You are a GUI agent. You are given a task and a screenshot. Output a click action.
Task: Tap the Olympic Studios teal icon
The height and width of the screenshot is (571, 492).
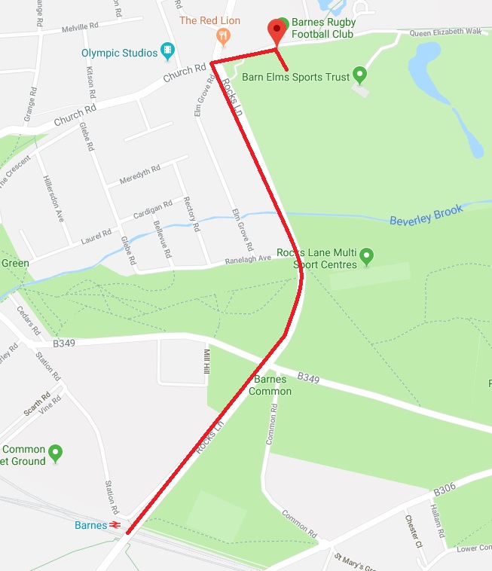pyautogui.click(x=167, y=52)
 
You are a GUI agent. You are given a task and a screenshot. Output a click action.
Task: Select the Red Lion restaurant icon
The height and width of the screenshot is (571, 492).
pyautogui.click(x=222, y=35)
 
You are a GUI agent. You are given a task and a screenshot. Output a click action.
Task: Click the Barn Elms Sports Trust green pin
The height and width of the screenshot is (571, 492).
pyautogui.click(x=359, y=75)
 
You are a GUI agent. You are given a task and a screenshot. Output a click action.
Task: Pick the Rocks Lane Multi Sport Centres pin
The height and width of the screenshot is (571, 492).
pyautogui.click(x=366, y=256)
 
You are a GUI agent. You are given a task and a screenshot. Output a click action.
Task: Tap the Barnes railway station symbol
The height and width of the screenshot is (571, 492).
pyautogui.click(x=116, y=525)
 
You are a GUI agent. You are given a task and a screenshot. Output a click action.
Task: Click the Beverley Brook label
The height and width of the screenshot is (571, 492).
pyautogui.click(x=426, y=215)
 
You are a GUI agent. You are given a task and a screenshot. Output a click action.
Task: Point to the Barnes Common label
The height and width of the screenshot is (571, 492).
pyautogui.click(x=270, y=385)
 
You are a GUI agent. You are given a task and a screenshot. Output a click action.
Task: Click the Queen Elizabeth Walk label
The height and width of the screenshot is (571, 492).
pyautogui.click(x=445, y=32)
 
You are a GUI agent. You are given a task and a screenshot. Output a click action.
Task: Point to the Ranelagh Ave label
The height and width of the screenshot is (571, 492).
pyautogui.click(x=249, y=258)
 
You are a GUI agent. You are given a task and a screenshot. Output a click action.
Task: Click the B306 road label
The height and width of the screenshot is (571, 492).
pyautogui.click(x=445, y=490)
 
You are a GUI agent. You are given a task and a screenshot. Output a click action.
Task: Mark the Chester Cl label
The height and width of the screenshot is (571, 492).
pyautogui.click(x=411, y=530)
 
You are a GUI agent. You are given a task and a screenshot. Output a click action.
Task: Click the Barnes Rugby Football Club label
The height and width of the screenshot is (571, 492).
pyautogui.click(x=326, y=28)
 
